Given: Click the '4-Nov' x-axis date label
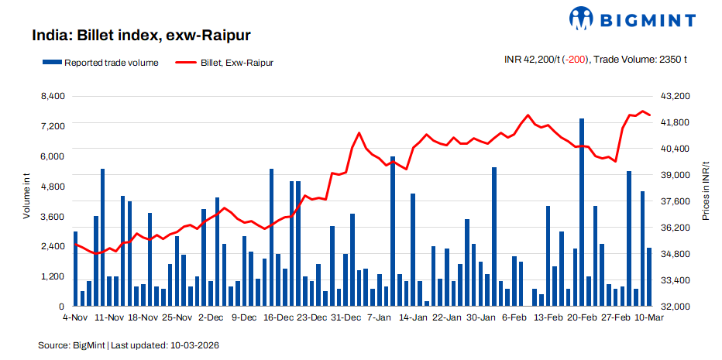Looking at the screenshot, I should [x=75, y=317].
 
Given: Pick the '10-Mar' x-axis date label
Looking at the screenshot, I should [x=648, y=317].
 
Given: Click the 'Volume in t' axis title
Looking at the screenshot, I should [x=26, y=197].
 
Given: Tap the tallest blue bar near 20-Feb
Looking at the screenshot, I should [x=582, y=213].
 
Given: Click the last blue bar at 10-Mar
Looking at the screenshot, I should [x=649, y=277].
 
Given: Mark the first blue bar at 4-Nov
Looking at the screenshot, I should [x=76, y=269].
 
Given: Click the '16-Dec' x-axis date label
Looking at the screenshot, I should [x=279, y=317].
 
